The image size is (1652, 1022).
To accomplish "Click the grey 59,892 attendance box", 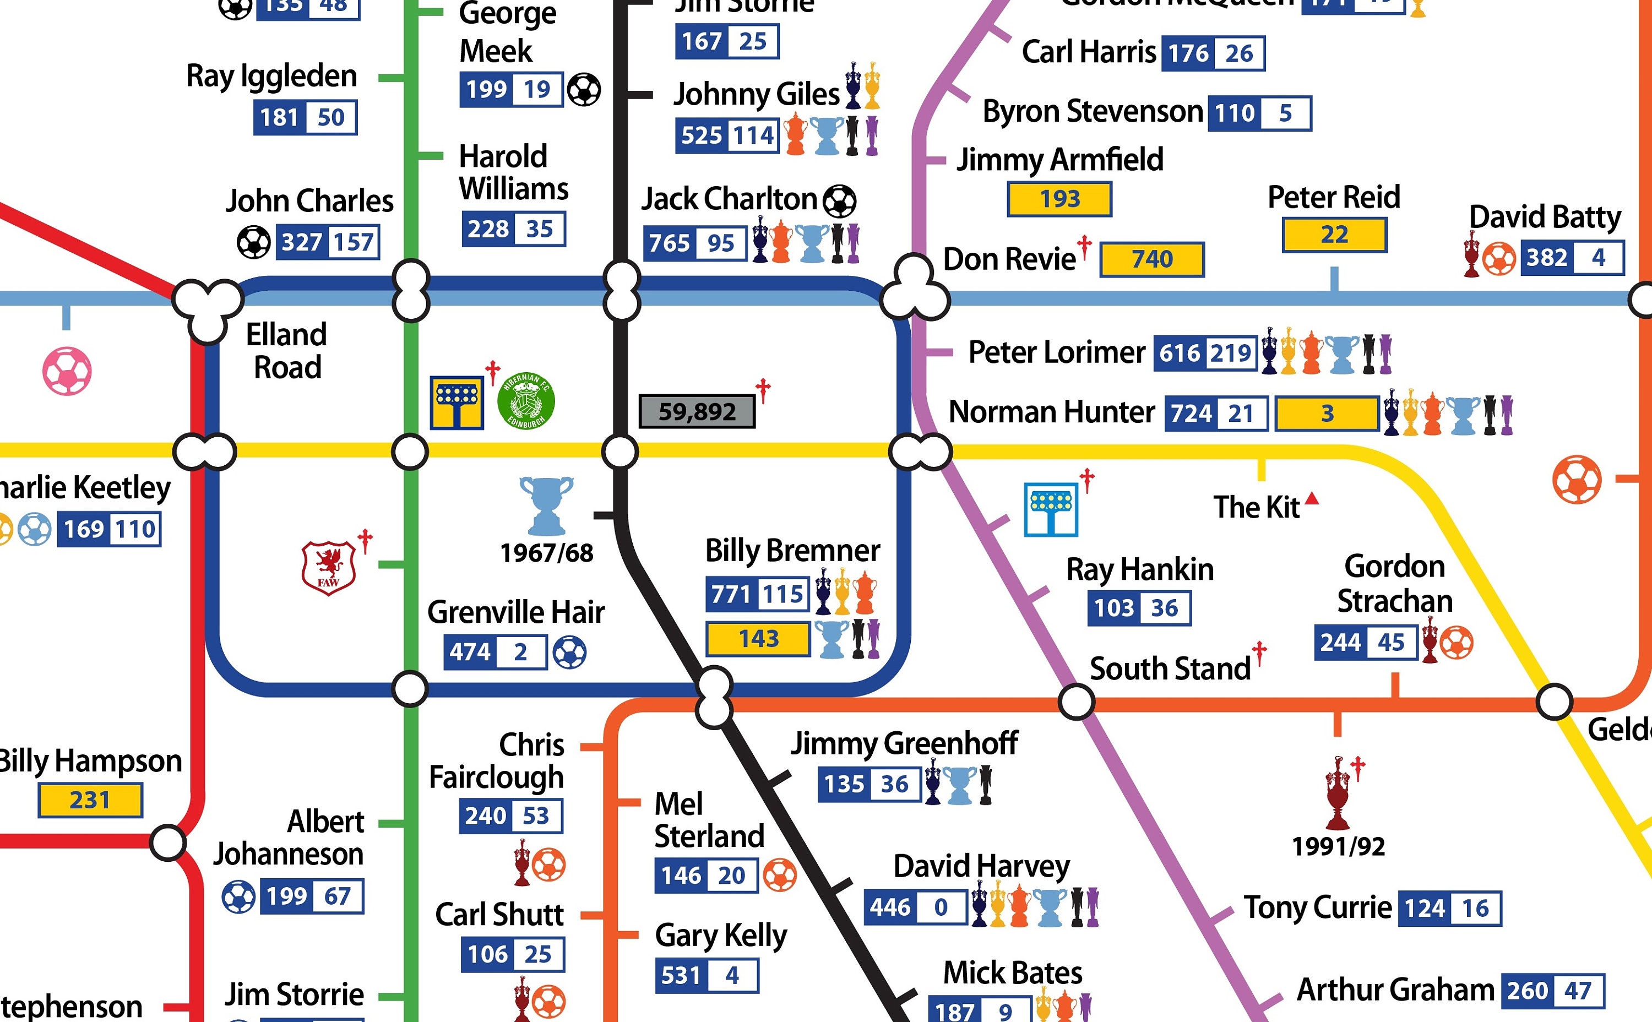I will tap(697, 411).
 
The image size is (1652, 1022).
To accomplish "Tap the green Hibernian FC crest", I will tap(526, 401).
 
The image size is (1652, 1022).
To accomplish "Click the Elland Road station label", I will tap(286, 351).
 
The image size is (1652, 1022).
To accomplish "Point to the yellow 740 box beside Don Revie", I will tap(1152, 259).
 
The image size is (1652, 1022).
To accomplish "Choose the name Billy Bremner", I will tap(792, 550).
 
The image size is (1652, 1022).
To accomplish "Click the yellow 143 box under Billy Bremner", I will tap(758, 639).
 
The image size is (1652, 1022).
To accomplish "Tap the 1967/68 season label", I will tap(546, 553).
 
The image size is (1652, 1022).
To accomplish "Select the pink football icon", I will tap(67, 371).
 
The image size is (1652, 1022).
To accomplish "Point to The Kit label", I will tap(1256, 507).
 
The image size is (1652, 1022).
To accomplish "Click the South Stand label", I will tap(1170, 668).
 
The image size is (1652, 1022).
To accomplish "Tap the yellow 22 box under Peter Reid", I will tap(1334, 235).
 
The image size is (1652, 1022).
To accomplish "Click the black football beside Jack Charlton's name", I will tap(840, 201).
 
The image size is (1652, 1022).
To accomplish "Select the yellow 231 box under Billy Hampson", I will tap(90, 800).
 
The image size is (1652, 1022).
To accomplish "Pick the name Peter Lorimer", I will tap(1057, 352).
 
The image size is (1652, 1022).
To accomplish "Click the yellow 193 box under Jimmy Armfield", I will tap(1059, 199).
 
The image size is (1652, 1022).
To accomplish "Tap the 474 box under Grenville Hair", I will tap(470, 653).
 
